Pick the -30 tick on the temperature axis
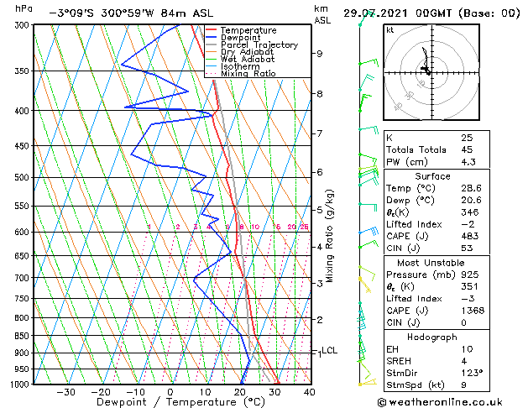coord(65,392)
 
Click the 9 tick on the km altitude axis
coord(320,54)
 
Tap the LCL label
coord(329,351)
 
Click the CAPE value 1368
coord(468,311)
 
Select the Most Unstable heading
coord(443,262)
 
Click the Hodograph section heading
coord(443,337)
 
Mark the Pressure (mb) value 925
coord(467,274)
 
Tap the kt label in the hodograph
coord(389,29)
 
